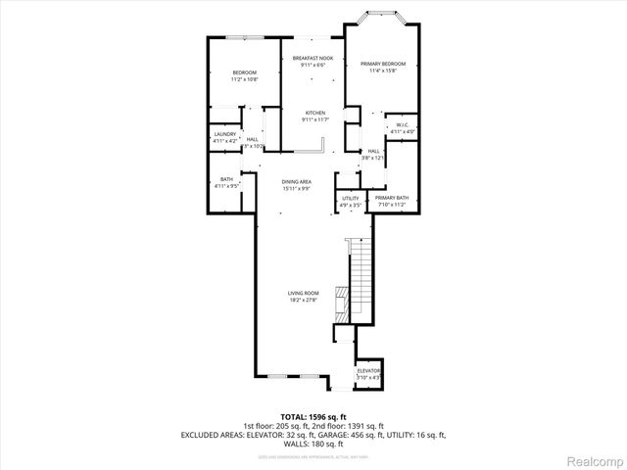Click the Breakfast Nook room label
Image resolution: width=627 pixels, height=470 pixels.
pos(313,59)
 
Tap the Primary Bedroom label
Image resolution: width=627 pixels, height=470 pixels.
pos(383,65)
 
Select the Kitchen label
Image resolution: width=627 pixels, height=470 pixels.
pos(314,113)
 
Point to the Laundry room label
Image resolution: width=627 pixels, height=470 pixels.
pos(225,134)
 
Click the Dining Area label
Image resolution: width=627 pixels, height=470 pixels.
pos(297,182)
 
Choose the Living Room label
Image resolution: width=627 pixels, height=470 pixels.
pos(304,294)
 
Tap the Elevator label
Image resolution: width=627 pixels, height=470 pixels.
pos(368,371)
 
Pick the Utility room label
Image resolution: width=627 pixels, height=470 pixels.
pos(351,199)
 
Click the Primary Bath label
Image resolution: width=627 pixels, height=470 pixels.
pos(392,199)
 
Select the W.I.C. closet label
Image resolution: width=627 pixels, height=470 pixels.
pos(403,125)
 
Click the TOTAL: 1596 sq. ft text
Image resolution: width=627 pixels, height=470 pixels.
pos(313,416)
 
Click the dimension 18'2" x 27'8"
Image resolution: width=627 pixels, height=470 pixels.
pos(304,301)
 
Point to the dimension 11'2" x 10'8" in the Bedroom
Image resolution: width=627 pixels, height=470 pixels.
pos(244,79)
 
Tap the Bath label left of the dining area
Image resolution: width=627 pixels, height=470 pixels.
pos(226,179)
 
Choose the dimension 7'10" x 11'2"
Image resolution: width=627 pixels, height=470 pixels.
pos(392,206)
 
